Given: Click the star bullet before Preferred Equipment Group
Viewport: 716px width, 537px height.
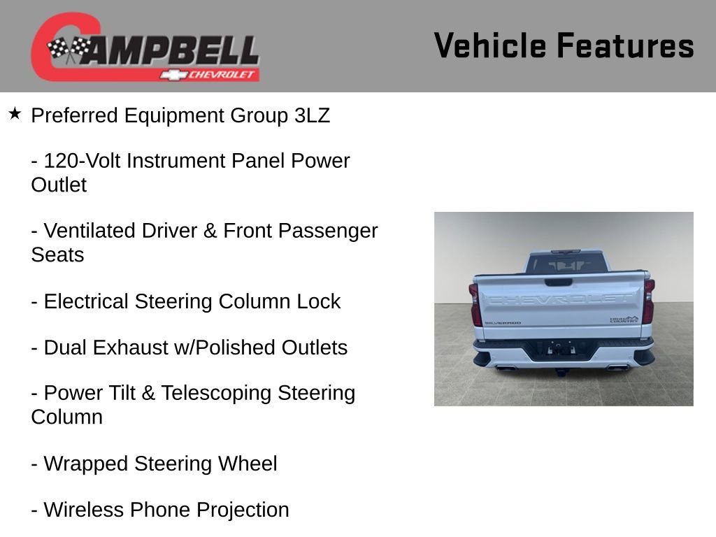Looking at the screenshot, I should tap(15, 113).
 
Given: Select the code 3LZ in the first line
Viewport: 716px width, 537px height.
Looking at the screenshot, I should tap(312, 115).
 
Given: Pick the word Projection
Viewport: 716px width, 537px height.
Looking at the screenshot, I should tap(243, 510).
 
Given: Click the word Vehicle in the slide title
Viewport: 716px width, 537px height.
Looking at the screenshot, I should tap(490, 45).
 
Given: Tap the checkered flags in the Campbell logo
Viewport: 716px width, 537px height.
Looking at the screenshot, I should tap(69, 50).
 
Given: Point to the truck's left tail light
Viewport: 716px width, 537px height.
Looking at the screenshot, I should tap(475, 304).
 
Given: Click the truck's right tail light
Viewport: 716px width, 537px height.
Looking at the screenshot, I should tap(649, 301).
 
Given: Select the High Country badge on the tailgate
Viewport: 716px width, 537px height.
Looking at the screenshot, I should tap(624, 320).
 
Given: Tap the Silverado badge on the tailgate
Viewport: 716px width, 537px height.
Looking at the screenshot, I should tap(503, 323).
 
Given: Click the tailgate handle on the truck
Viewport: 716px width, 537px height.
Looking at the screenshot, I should tap(559, 282).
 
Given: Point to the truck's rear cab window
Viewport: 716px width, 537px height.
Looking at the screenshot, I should tap(565, 264).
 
